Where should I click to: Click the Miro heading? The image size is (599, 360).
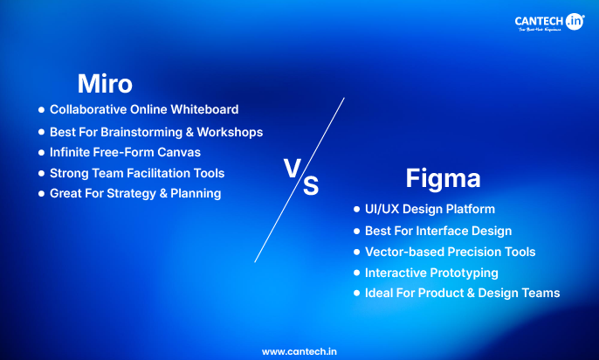point(105,83)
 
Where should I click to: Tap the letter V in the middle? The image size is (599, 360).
point(293,168)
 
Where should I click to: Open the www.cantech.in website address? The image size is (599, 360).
point(299,350)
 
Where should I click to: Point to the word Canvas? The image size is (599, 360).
point(181,152)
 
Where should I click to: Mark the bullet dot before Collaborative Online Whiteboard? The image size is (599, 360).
point(41,110)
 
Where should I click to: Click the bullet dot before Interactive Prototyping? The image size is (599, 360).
point(356,273)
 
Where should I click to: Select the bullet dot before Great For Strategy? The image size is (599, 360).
point(41,193)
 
